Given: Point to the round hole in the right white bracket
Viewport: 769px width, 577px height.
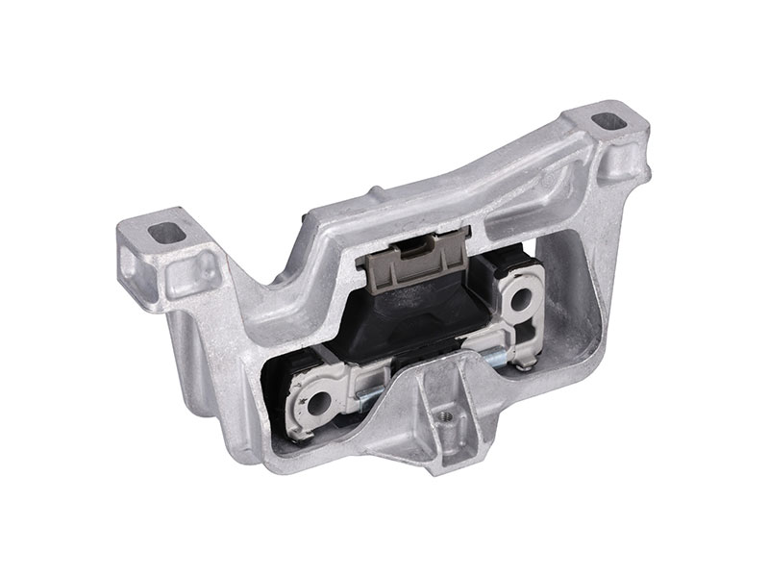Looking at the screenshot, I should point(526,298).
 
